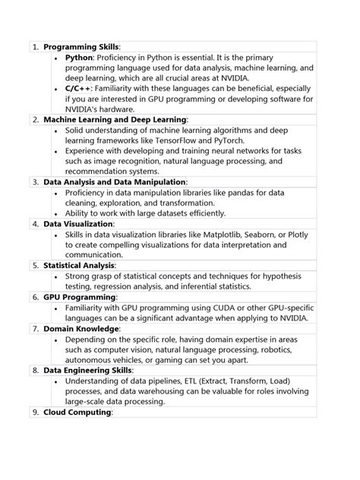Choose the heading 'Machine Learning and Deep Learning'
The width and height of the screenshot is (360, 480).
coord(115,120)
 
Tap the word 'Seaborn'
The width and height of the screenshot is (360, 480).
coord(258,235)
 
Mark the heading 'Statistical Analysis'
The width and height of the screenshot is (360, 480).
coord(79,266)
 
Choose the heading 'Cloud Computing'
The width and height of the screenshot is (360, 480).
coord(77,412)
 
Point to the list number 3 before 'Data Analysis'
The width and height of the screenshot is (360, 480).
coord(36,182)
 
